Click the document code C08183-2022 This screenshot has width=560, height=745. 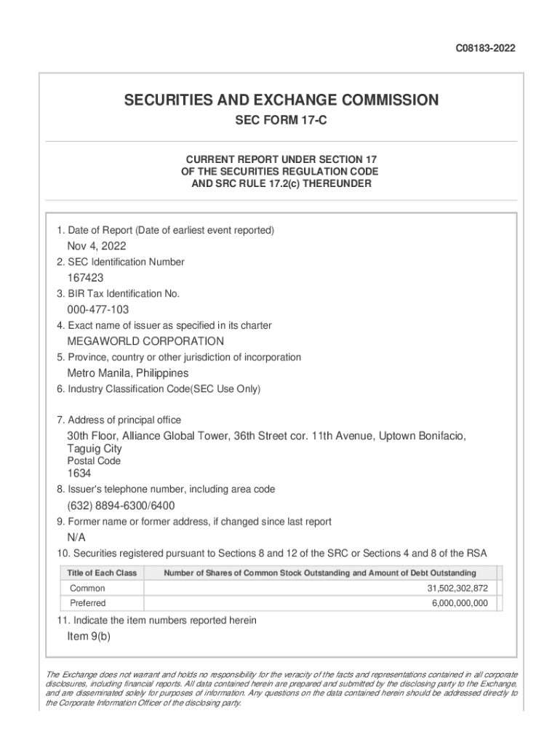click(x=486, y=49)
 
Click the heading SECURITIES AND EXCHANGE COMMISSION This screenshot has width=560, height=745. click(x=281, y=100)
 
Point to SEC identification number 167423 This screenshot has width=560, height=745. click(x=86, y=278)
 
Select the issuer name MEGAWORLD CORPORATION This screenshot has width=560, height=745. click(x=145, y=341)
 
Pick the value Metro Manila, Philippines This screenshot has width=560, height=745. click(x=127, y=373)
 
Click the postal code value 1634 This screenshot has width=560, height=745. click(x=79, y=474)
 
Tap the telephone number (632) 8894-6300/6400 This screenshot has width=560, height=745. click(x=121, y=506)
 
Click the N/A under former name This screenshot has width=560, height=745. click(x=76, y=538)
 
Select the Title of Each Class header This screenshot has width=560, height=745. click(x=102, y=573)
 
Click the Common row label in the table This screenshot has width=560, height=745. click(x=87, y=588)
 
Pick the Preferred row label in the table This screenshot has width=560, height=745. click(x=88, y=603)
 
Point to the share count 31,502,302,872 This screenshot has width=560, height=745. click(x=457, y=588)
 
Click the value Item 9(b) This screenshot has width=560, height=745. click(x=89, y=636)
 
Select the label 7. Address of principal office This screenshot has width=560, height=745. click(x=119, y=420)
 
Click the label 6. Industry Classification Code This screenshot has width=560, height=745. click(x=159, y=389)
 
